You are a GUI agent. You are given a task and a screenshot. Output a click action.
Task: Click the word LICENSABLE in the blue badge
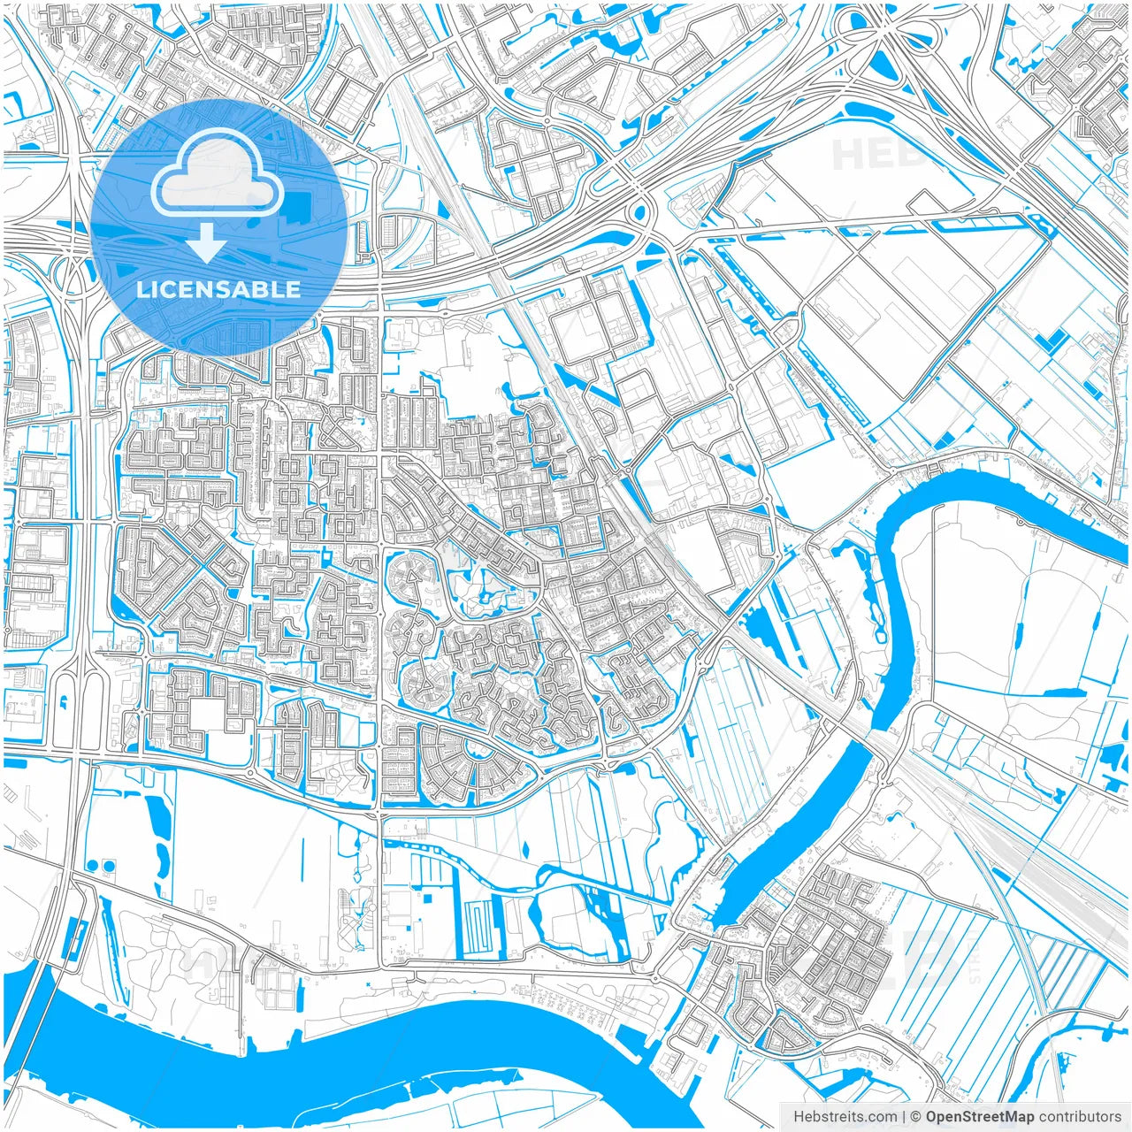(218, 289)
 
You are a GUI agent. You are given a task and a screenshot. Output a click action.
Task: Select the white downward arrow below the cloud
(206, 242)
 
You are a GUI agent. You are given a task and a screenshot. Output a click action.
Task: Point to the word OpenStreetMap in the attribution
(980, 1117)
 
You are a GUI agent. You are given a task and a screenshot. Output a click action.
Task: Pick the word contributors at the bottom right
(1080, 1117)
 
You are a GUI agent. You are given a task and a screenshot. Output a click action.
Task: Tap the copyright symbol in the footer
(916, 1117)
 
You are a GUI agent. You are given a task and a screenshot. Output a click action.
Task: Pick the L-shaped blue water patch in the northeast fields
(1052, 339)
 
